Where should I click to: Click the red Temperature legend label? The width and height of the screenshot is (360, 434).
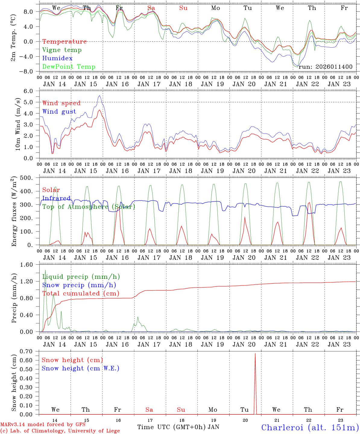click(65, 42)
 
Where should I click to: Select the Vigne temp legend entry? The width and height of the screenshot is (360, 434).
click(62, 50)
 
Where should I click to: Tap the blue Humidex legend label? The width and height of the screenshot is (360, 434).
click(57, 58)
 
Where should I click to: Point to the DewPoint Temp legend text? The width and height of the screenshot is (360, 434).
click(69, 67)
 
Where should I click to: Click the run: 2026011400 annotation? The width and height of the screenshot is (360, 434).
click(325, 67)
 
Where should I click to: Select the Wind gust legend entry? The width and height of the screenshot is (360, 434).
click(59, 112)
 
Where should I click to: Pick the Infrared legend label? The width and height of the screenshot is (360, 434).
click(56, 198)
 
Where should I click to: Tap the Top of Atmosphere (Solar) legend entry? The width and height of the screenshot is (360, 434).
click(89, 207)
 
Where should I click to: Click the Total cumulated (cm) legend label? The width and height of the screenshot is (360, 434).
click(81, 294)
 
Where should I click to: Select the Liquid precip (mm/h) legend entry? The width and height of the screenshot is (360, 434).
click(81, 277)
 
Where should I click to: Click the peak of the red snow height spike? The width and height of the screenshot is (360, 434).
click(255, 354)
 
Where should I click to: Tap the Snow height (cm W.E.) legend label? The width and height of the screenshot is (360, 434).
click(81, 368)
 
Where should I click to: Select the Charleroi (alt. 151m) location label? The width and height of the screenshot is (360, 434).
click(310, 427)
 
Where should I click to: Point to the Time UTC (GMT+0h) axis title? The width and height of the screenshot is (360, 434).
click(172, 427)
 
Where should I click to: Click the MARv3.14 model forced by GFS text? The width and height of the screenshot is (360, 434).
click(43, 425)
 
